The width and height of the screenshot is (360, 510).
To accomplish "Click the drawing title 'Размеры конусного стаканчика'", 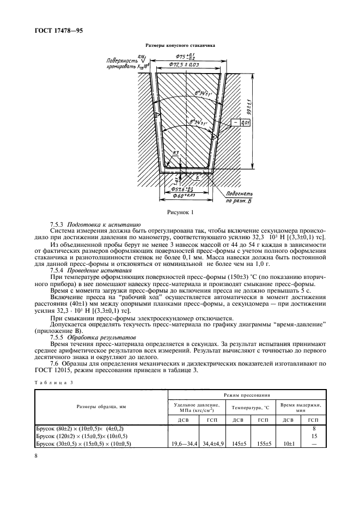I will pos(180,46).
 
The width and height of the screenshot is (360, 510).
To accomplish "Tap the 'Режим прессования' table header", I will pos(246,394).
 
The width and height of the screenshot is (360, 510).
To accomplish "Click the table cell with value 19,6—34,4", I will pos(182,444).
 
